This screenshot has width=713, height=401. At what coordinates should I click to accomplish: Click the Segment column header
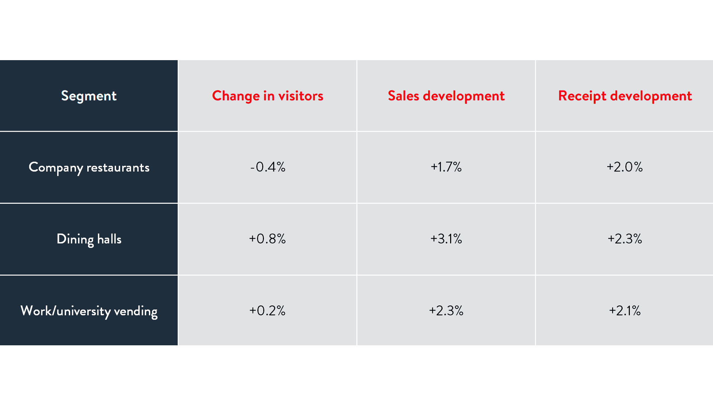(x=89, y=96)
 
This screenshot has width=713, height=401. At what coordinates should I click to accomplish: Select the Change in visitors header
(x=267, y=96)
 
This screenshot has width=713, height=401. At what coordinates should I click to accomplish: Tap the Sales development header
(x=446, y=96)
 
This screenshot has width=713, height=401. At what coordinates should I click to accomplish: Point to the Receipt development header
(x=625, y=96)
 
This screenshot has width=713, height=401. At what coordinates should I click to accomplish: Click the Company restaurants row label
(x=89, y=167)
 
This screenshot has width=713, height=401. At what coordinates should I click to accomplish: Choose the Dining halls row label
(x=89, y=239)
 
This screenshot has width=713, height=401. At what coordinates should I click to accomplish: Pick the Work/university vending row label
(x=89, y=311)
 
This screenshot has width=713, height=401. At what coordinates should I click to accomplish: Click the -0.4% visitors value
(x=267, y=167)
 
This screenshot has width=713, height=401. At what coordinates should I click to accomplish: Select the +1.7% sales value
(x=446, y=167)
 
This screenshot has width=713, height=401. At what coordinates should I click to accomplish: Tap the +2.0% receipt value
(x=625, y=167)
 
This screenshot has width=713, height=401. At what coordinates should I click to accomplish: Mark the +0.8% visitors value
(x=267, y=239)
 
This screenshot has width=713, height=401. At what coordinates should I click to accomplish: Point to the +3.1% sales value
(x=446, y=239)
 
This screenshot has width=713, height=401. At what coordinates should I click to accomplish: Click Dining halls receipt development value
(x=625, y=239)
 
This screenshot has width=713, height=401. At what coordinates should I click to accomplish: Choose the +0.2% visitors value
(x=267, y=310)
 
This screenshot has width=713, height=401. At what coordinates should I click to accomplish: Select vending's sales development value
(x=446, y=310)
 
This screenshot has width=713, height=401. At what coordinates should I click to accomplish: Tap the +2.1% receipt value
(x=625, y=310)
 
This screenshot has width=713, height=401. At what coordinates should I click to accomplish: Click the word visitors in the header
(x=301, y=96)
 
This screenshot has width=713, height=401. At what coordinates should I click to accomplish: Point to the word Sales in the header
(x=403, y=96)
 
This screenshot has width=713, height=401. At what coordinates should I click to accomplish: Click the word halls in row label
(x=109, y=239)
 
